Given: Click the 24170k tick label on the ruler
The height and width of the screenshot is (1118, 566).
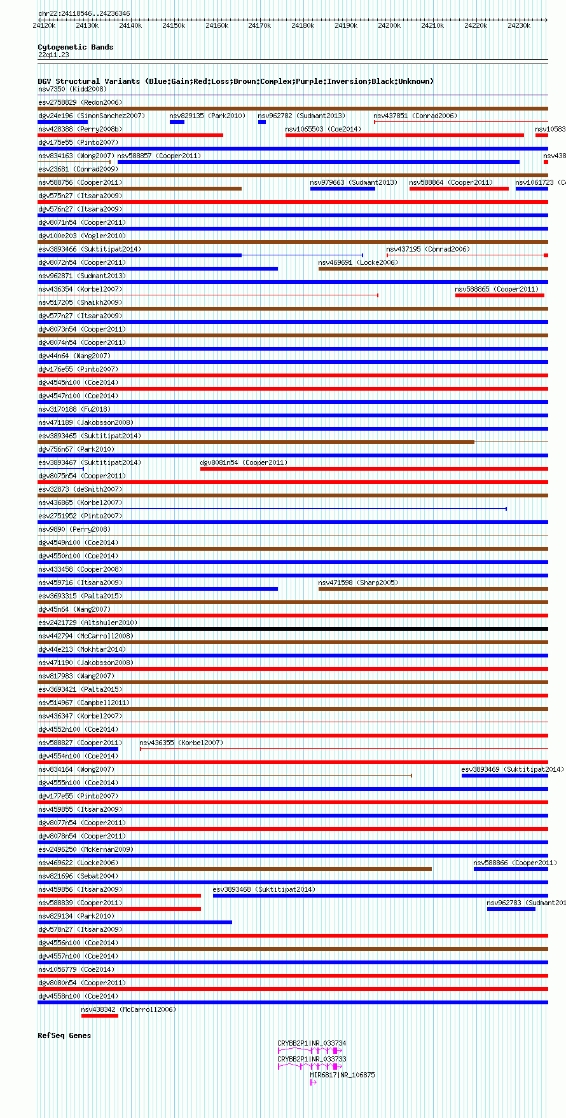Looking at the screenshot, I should coord(259,25).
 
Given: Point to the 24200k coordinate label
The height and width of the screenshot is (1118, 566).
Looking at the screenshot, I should coord(389,25).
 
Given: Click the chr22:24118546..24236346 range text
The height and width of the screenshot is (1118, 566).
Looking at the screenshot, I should coord(84,13).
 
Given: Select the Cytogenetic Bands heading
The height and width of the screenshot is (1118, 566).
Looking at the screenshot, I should coord(75,47).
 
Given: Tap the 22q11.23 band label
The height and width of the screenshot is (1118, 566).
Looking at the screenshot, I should coord(53,55).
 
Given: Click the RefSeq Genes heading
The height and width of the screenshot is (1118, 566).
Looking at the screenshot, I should coord(64,1035).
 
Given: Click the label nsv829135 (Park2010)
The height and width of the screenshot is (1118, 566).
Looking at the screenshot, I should coord(207,116).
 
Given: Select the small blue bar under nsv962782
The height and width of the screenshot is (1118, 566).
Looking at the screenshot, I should coord(261,122).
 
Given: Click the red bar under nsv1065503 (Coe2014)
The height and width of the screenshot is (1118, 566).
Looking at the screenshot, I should coord(404,135).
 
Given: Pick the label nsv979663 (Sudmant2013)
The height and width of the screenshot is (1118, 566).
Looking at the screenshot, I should coord(354,182).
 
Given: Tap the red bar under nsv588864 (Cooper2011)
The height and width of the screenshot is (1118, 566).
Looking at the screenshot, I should coord(459,189).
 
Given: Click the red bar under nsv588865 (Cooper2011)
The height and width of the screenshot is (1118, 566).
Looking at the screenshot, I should coord(499,295).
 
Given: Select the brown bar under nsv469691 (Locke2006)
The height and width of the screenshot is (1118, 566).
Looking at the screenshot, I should coord(432,269).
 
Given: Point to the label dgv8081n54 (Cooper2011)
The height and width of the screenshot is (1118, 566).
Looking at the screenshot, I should coord(244,462).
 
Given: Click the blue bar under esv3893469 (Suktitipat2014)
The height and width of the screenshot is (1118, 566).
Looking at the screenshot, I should coord(504,776).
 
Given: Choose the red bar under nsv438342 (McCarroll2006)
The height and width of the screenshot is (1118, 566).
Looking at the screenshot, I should coord(99,1016).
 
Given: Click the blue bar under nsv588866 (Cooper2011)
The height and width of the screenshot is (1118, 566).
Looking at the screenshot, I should coord(510,869).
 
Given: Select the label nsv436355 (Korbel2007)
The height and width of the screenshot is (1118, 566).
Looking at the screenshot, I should coord(181,743).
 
